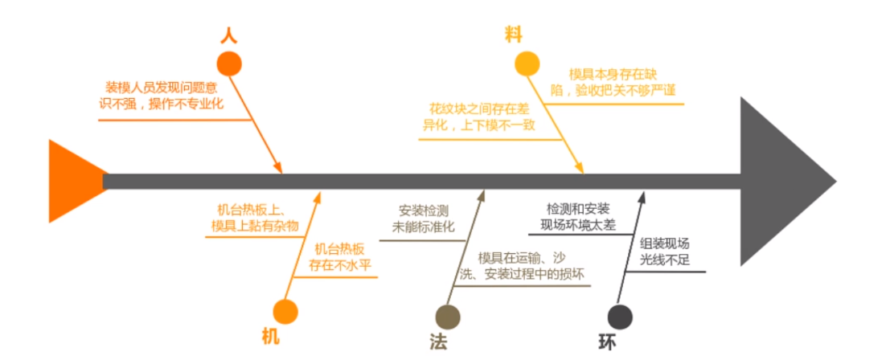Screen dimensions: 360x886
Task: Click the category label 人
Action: coord(228,35)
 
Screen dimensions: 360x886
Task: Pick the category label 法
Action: coord(437,341)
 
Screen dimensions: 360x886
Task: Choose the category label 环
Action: coord(608,341)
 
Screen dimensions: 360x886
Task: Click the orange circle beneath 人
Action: coord(229,63)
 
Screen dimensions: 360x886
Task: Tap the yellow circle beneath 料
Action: coord(527,63)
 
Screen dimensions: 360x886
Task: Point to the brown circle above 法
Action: coord(448,317)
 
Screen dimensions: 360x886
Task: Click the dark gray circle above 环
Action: coord(619,316)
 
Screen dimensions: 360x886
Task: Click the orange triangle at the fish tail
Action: coord(76,181)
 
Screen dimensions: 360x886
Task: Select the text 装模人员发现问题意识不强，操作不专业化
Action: coord(165,96)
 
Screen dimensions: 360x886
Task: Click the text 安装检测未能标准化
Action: coord(424,219)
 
